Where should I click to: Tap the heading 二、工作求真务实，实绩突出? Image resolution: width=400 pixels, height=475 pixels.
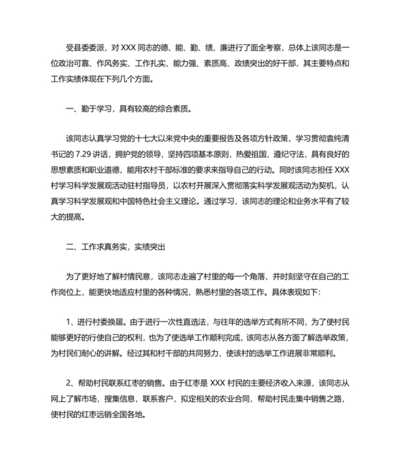pos(114,248)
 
